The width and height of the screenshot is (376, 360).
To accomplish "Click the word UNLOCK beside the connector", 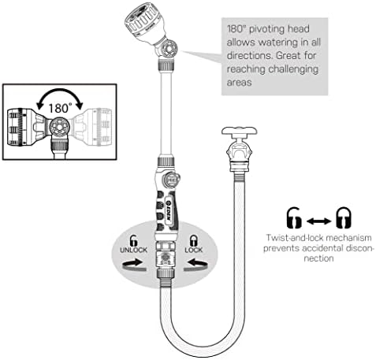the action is (133, 250).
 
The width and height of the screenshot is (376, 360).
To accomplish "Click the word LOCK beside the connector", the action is (194, 250).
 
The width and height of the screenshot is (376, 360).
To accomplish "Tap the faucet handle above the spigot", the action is (239, 131).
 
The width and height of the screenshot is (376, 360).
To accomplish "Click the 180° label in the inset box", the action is (60, 108).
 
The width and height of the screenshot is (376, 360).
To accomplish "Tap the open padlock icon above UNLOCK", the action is (133, 240).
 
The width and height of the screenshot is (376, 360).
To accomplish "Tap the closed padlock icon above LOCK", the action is (194, 240).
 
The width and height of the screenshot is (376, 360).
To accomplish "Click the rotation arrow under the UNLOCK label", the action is (133, 265).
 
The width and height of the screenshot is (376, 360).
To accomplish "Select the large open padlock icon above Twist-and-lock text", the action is (293, 217).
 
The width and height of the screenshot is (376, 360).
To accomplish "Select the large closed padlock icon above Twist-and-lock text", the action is (344, 217).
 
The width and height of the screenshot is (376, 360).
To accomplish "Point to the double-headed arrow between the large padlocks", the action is (318, 221).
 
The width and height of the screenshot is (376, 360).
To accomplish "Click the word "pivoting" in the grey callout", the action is (267, 29).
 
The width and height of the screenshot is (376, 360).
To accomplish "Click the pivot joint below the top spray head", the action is (168, 48).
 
